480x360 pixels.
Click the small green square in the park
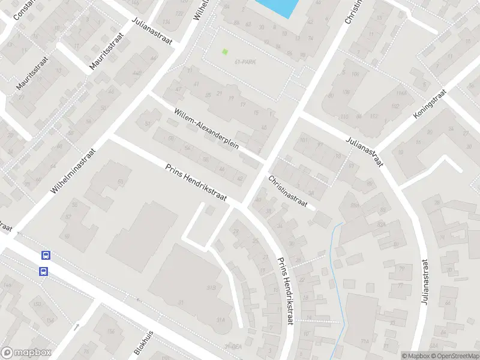(225, 52)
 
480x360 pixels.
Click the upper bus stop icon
(45, 255)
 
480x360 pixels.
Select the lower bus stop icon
(44, 271)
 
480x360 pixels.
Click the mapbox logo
(26, 353)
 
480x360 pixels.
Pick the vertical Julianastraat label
(425, 282)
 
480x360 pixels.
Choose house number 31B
(211, 288)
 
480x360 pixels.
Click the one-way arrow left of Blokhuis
(77, 328)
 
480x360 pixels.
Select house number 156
(110, 332)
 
